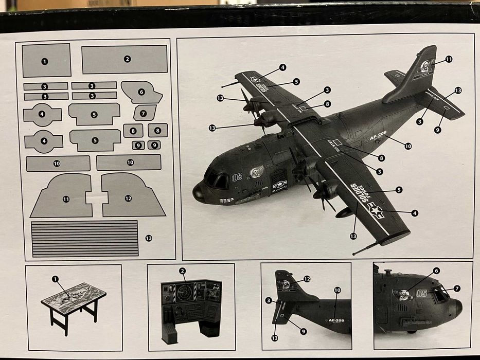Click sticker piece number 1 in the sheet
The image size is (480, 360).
click(x=46, y=60)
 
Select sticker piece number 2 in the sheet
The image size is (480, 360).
click(x=125, y=59)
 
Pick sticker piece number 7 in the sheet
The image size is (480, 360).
click(x=144, y=113)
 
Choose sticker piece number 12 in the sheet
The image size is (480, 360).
click(x=132, y=197)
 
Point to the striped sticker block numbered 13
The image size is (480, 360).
click(x=85, y=238)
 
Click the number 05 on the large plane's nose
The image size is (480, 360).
click(x=237, y=177)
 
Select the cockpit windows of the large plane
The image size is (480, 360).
click(x=217, y=178)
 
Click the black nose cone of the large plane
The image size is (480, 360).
click(x=198, y=193)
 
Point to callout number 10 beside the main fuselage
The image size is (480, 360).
click(x=408, y=146)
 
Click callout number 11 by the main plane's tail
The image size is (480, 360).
click(x=449, y=60)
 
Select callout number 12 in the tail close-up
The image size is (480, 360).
click(x=307, y=279)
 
